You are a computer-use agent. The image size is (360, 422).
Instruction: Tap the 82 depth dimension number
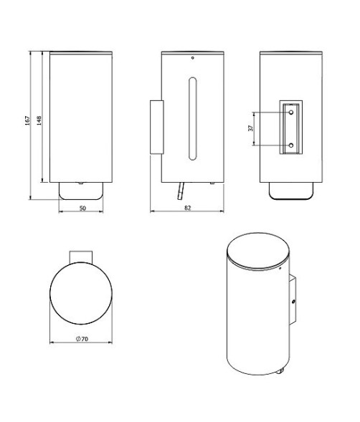(x=186, y=208)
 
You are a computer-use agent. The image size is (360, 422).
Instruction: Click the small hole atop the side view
(x=192, y=57)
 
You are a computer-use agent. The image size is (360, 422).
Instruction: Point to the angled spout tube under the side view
(x=181, y=191)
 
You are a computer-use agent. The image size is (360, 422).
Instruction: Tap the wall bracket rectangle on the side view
(x=156, y=127)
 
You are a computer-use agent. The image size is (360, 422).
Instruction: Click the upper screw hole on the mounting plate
(x=290, y=113)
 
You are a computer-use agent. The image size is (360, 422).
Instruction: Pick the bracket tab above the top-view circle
(x=80, y=256)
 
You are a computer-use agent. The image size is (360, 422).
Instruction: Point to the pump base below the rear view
(x=290, y=190)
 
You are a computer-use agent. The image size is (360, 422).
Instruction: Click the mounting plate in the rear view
(x=290, y=129)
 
